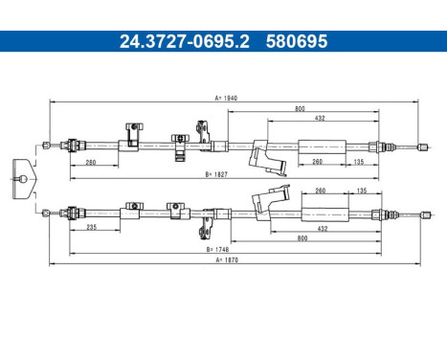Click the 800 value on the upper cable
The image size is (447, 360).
coord(301,109)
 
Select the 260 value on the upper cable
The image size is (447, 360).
coord(318,163)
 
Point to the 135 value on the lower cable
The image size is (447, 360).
coord(363,191)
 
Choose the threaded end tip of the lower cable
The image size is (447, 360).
coord(422,214)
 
